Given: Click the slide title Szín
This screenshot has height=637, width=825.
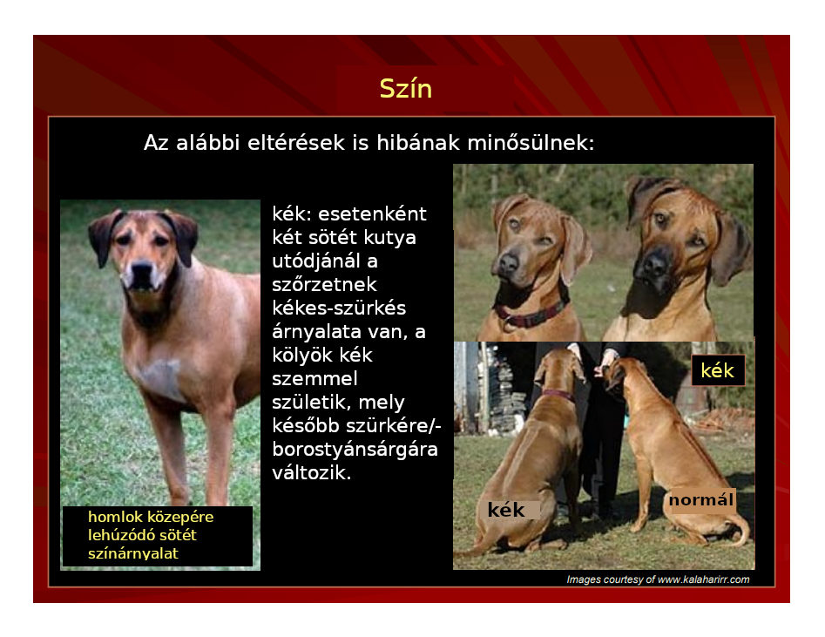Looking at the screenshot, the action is [406, 88].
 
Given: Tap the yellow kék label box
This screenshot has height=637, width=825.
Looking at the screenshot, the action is [718, 370].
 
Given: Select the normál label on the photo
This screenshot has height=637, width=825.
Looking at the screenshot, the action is [701, 499].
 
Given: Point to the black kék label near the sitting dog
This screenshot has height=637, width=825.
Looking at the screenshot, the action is [506, 510].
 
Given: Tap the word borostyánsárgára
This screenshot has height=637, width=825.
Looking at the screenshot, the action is [355, 450].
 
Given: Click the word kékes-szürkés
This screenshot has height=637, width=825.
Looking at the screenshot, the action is [339, 308].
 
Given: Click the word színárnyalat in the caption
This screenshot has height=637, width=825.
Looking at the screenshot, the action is [133, 553].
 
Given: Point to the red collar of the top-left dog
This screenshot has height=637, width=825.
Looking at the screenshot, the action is [531, 315].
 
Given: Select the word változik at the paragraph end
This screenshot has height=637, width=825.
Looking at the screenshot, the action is [311, 473].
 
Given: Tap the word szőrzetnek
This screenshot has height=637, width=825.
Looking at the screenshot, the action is [324, 285].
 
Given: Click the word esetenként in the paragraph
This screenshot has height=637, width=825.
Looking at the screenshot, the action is [373, 214].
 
